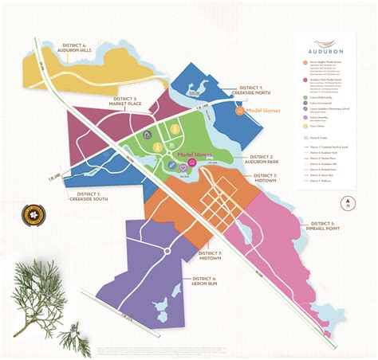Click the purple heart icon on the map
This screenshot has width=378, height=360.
point(182,166)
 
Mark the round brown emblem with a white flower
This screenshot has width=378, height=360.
point(34,214)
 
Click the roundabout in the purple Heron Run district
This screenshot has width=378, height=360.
point(167,252)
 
